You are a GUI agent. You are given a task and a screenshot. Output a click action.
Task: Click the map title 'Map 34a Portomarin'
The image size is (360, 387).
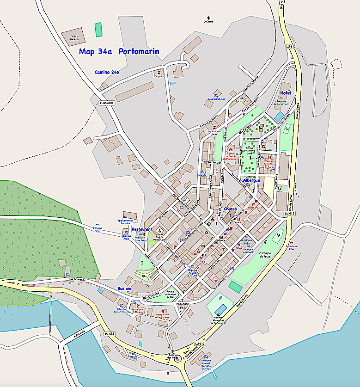click(119, 52)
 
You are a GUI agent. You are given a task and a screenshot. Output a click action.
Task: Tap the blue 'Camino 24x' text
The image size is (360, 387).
click(107, 72)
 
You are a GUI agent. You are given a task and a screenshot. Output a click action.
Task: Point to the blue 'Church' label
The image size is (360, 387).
click(230, 209)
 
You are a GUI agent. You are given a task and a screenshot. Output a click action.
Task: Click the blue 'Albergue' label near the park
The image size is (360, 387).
click(251, 180)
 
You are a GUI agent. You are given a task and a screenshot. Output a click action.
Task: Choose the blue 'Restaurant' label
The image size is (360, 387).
click(142, 229)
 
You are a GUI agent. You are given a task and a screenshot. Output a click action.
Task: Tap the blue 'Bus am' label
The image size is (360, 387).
click(125, 288)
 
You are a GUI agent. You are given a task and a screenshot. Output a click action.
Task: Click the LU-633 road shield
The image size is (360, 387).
click(109, 333)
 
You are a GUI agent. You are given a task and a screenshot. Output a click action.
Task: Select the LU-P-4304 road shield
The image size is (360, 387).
click(106, 103)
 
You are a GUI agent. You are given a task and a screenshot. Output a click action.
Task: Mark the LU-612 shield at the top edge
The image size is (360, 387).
click(281, 4)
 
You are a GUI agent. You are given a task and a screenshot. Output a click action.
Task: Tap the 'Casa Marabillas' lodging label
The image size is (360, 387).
click(216, 98)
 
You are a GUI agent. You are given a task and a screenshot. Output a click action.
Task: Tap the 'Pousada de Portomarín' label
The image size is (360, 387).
click(285, 103)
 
